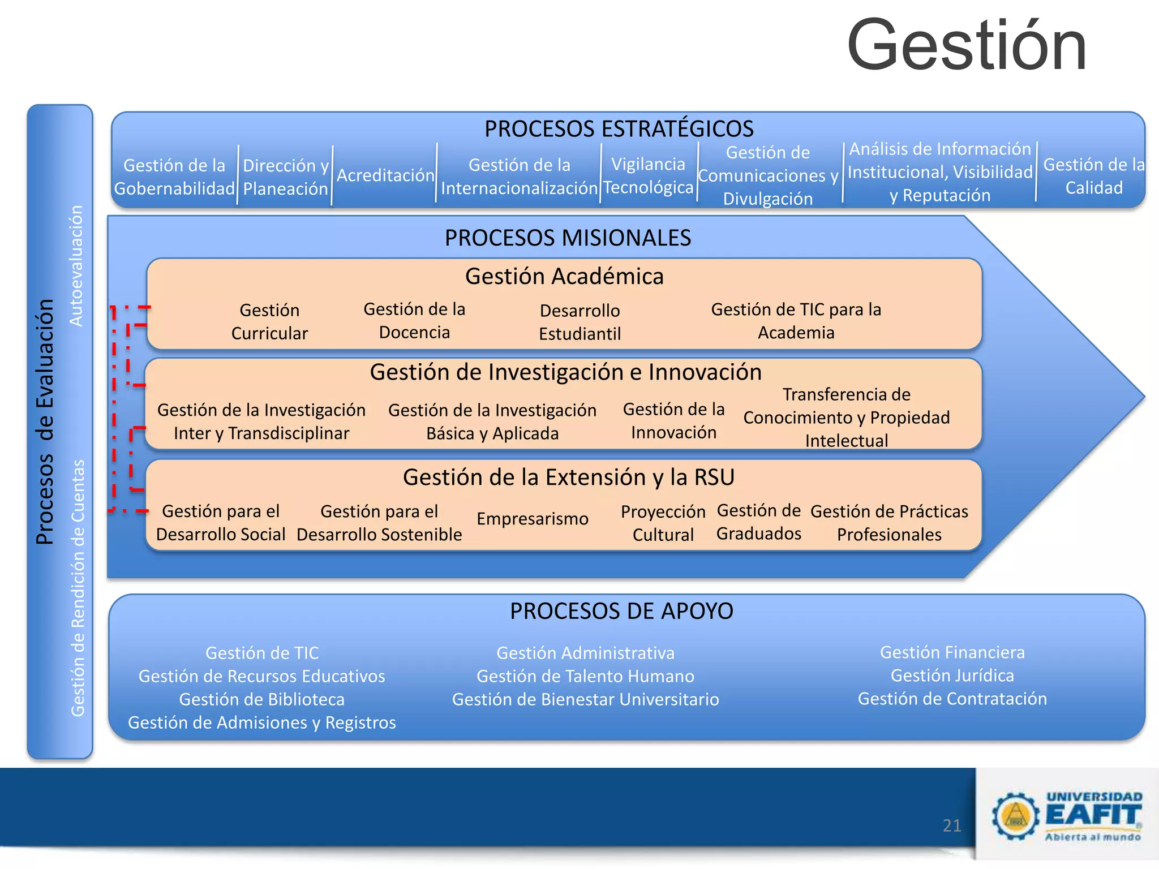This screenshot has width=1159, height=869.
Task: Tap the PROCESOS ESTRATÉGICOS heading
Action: click(619, 129)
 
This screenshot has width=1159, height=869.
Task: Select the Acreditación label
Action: click(385, 175)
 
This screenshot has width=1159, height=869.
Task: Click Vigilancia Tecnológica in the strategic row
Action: click(648, 175)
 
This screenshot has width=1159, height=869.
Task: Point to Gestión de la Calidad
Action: click(1093, 176)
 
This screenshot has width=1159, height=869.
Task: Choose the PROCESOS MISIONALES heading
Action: click(568, 238)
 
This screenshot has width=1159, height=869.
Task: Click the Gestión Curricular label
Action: click(269, 321)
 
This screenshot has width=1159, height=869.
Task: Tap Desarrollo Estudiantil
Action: click(579, 322)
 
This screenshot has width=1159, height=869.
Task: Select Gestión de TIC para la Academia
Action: click(796, 321)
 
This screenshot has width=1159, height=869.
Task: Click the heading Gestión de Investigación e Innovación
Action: click(565, 372)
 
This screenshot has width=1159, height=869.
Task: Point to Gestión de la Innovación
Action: click(673, 420)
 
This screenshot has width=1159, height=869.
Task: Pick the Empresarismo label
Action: click(532, 519)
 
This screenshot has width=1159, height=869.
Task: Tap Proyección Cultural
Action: click(663, 523)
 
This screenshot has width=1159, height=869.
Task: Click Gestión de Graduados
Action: click(758, 522)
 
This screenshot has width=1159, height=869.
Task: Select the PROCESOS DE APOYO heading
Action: click(621, 611)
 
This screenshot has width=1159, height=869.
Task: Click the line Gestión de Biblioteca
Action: click(261, 699)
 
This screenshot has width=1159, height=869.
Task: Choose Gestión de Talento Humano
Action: click(585, 676)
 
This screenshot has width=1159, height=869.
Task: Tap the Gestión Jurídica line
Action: click(952, 676)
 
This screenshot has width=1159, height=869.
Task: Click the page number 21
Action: click(952, 825)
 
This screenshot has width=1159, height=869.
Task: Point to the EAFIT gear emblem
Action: click(1015, 815)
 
